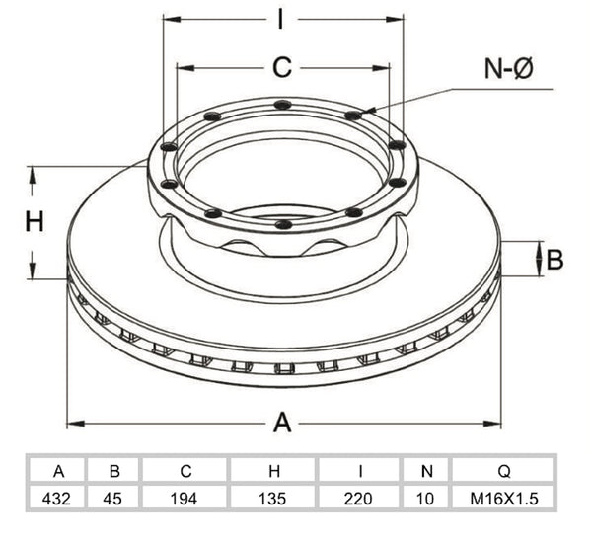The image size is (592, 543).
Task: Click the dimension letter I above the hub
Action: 280,19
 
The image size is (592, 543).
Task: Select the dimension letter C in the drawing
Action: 282,67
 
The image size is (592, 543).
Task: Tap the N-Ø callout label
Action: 508,68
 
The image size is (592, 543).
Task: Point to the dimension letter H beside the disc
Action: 35,221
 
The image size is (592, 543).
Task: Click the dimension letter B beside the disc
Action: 555,260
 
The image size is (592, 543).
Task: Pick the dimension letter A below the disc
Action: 282,423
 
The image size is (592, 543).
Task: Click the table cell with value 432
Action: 56,499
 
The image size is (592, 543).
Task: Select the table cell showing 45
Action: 112,499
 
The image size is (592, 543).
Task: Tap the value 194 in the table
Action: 184,499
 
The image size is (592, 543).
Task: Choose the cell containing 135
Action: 272,499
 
